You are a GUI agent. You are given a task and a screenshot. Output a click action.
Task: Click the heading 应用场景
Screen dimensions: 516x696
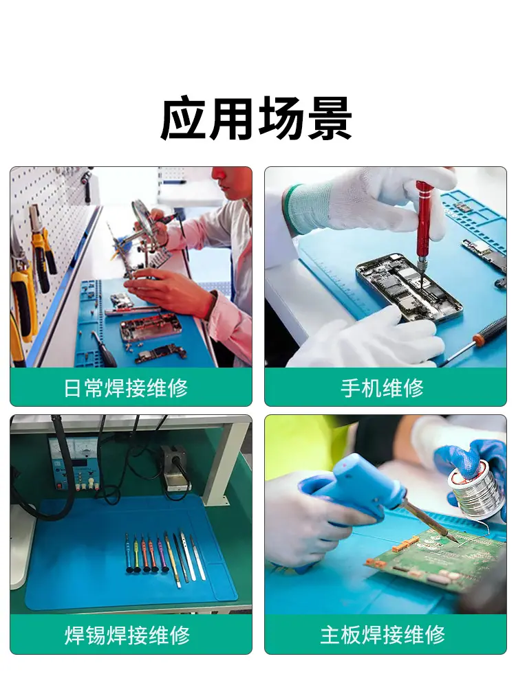pos(256,118)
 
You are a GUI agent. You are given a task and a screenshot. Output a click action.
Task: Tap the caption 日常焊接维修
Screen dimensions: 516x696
pos(126,388)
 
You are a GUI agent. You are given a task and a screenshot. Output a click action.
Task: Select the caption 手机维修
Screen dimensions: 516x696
pos(383,388)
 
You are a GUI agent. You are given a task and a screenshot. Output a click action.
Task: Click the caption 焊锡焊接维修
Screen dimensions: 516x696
pos(127,635)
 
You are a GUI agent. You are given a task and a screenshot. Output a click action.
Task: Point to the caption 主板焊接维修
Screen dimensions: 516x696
pos(383,635)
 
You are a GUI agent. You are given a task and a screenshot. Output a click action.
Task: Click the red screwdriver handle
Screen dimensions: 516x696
pos(424,220)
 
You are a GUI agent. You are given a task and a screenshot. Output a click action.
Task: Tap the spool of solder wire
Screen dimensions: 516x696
pos(474,489)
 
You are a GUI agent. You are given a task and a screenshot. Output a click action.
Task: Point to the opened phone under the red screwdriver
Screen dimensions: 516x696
pos(409,287)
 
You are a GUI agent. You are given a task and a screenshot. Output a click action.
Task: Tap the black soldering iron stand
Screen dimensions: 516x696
pos(175,469)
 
